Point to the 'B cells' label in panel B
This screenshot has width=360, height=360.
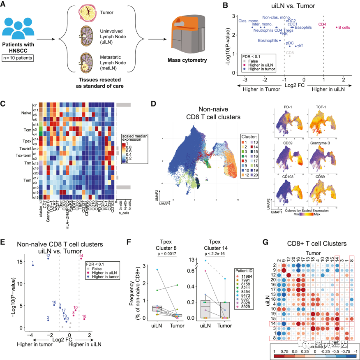pos(344,28)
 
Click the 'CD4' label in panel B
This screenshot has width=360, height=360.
pos(322,25)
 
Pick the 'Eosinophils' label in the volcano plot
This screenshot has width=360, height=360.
pos(268,41)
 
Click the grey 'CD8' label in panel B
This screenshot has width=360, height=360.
pos(290,53)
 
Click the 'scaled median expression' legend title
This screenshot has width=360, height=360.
pos(134,137)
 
